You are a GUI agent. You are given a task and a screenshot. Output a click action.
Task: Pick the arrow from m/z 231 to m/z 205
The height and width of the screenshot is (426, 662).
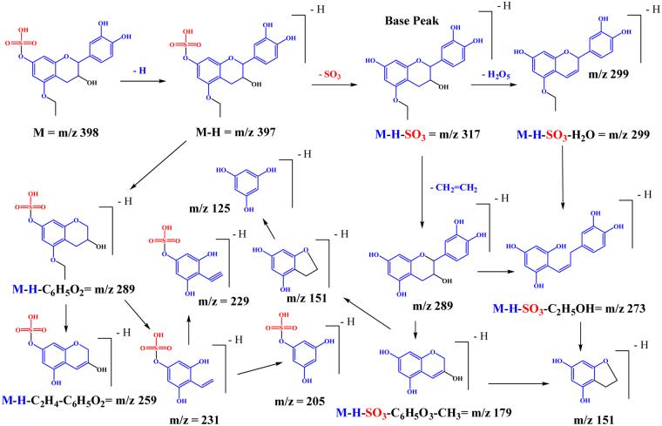(x=248, y=369)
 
